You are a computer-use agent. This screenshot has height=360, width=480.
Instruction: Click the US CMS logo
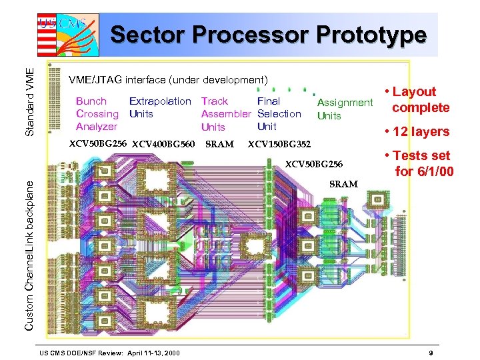pos(67,34)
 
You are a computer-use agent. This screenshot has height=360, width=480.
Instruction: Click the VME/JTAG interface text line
pos(168,80)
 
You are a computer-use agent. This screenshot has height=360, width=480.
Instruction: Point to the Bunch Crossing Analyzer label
pos(97,114)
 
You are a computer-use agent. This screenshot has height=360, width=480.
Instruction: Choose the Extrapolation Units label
pos(159,107)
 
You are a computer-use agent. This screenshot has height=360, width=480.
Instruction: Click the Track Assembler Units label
pos(225,114)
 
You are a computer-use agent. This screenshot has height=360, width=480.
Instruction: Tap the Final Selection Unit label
pos(279,113)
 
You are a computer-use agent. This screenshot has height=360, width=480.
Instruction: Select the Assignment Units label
pos(344,109)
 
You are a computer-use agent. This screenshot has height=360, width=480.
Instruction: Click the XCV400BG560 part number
pos(163,144)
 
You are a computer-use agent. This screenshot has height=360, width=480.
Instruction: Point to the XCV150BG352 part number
pos(279,144)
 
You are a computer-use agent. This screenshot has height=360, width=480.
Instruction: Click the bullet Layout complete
pos(417,100)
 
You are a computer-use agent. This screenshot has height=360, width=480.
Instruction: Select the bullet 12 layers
pos(417,132)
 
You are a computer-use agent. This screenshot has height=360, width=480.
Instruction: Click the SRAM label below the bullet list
pos(343,184)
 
